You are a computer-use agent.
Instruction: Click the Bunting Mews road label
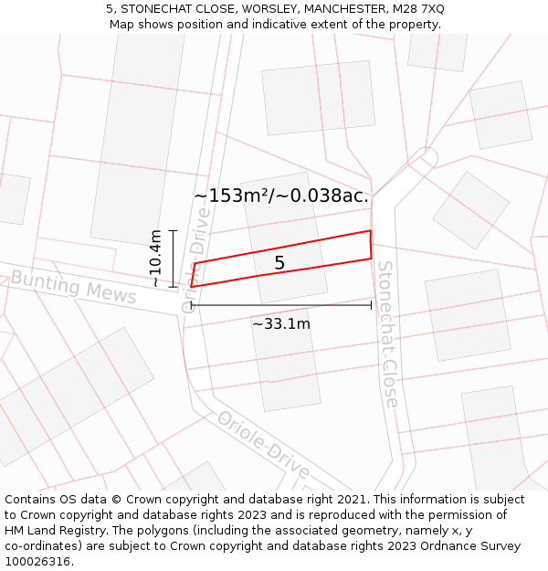[73, 287]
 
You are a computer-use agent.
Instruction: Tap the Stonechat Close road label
[388, 333]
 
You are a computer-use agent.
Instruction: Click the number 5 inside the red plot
[279, 263]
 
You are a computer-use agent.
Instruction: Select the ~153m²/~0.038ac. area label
[281, 196]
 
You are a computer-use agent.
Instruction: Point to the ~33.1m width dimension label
[281, 323]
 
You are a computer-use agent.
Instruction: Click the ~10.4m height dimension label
[156, 259]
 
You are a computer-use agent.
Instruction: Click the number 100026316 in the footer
[39, 561]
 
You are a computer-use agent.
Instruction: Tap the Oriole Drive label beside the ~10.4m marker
[195, 260]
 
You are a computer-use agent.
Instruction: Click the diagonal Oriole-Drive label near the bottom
[263, 445]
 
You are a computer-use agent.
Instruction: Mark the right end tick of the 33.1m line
[371, 305]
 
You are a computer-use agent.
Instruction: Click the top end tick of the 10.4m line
[173, 231]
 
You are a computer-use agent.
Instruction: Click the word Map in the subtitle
[122, 24]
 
